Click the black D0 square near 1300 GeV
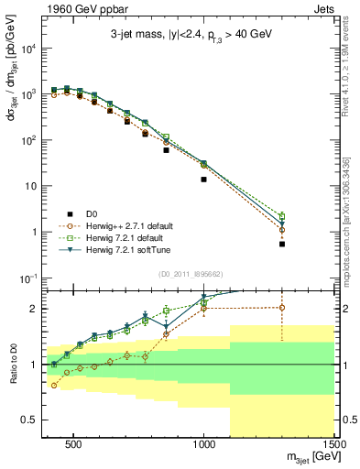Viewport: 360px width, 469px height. (282, 245)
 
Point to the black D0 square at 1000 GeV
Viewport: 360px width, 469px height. (203, 180)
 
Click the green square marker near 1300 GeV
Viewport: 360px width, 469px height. (282, 216)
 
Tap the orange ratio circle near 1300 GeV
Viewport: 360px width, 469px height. (282, 307)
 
